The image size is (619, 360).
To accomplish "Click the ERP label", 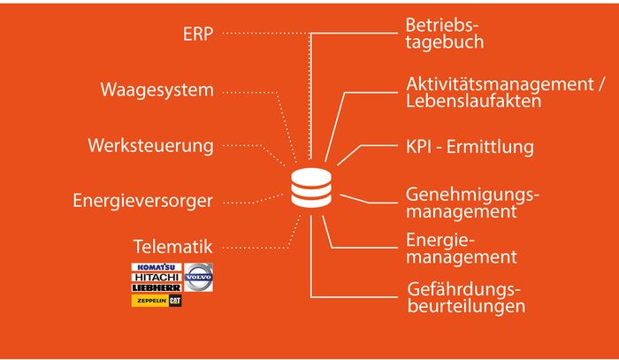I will [x=198, y=34].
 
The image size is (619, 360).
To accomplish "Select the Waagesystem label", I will [x=157, y=89].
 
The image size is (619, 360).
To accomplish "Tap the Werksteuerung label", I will [x=150, y=144].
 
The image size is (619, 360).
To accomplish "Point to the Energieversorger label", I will [x=142, y=200].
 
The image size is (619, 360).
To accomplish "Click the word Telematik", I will [x=172, y=244].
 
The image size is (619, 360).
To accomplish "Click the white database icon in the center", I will [x=310, y=189].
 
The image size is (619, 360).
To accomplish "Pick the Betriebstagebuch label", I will [x=445, y=33].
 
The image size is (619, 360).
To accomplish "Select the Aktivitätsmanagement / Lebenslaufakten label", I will [x=505, y=92].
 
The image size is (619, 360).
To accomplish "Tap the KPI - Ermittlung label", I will [x=470, y=146].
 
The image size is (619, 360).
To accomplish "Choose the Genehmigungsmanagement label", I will [x=472, y=203].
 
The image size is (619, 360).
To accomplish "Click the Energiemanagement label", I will [x=461, y=249].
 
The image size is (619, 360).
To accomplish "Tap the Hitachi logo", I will [x=156, y=277].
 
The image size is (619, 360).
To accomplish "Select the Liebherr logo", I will [x=156, y=287].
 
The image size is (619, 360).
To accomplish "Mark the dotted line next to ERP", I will [x=265, y=34].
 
